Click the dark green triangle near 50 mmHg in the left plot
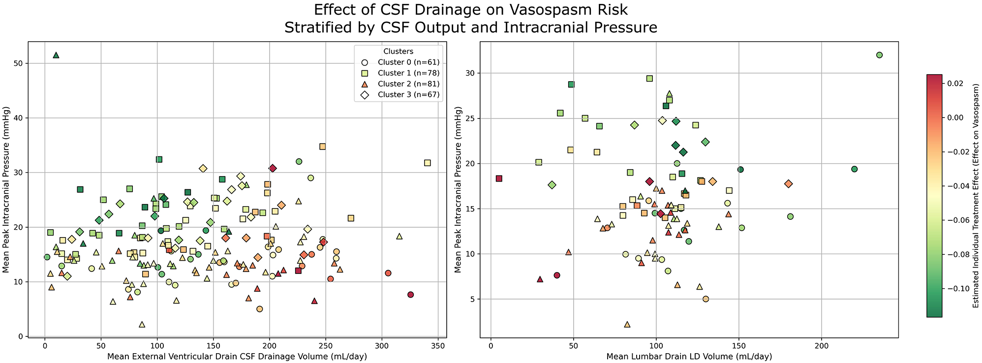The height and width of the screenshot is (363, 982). [56, 55]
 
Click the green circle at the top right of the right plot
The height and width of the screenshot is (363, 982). [879, 55]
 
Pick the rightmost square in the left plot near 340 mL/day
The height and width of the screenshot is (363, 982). [427, 163]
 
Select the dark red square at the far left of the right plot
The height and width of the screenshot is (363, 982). [499, 179]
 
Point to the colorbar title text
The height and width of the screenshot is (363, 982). [976, 196]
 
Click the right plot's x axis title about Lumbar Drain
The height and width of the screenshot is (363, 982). [689, 357]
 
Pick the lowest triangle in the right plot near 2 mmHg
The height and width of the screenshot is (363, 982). [627, 325]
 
